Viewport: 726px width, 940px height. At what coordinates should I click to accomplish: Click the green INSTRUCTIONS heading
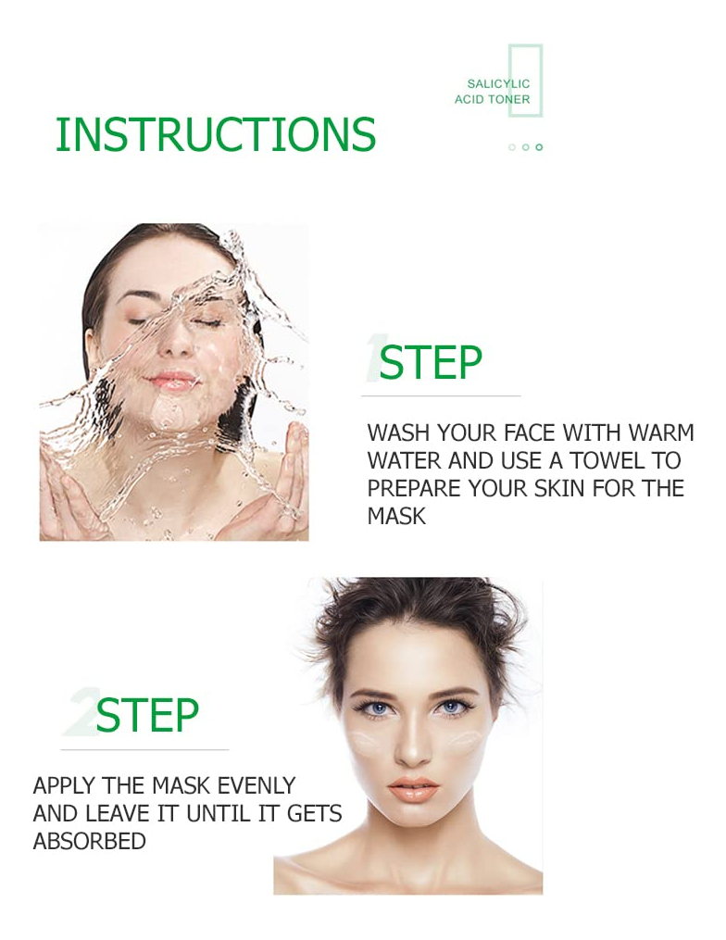tap(215, 133)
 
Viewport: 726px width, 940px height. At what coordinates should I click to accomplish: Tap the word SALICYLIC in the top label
tap(498, 84)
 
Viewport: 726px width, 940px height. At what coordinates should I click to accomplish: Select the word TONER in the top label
tap(510, 99)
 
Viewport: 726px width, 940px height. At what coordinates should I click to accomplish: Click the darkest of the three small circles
tap(539, 147)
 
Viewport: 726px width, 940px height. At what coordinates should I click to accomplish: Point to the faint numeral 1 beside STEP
tap(373, 357)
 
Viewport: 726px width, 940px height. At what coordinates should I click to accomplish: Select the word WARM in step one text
tap(661, 432)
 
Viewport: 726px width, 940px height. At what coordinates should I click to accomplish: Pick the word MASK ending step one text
tap(396, 516)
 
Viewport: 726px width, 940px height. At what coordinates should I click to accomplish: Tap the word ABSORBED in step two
tap(89, 841)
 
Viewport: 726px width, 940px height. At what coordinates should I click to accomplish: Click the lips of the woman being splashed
tap(172, 380)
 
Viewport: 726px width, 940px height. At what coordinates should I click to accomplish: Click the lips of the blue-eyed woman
tap(413, 789)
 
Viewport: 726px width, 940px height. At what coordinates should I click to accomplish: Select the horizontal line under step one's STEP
tap(441, 395)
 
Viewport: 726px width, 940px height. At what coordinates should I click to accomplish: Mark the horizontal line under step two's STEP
tap(144, 749)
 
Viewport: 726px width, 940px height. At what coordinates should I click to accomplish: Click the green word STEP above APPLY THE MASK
tap(147, 715)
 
